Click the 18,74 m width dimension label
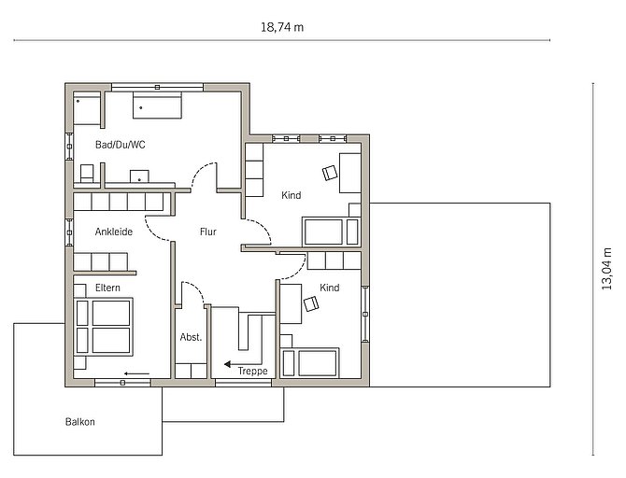click(282, 27)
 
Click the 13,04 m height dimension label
click(606, 269)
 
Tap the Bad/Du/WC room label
click(121, 145)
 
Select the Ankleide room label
click(114, 232)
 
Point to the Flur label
click(208, 232)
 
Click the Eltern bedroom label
click(107, 288)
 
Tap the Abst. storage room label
click(191, 337)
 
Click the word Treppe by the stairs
click(252, 371)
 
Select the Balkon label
click(79, 422)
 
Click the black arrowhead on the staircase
click(228, 364)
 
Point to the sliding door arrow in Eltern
click(136, 373)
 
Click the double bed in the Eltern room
click(104, 327)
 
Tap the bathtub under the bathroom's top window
click(157, 105)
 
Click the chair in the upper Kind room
click(330, 173)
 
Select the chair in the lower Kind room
click(311, 304)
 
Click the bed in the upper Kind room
click(332, 232)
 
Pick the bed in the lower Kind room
click(310, 362)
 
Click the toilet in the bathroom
click(87, 174)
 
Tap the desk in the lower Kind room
click(291, 303)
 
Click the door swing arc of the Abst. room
click(196, 288)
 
